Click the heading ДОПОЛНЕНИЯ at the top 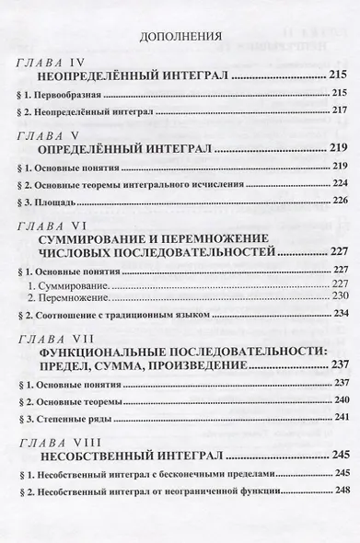[x=180, y=38]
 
